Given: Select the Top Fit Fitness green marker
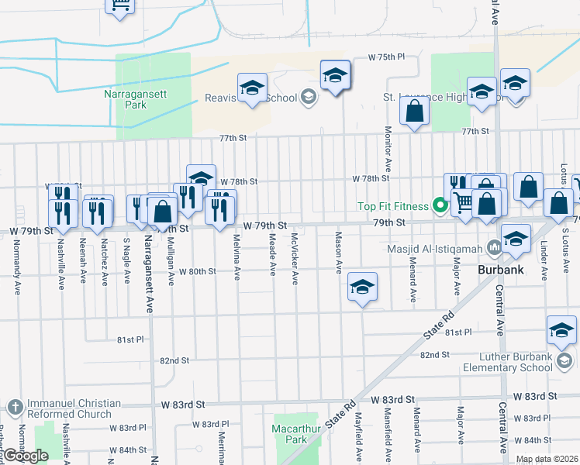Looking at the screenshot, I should pyautogui.click(x=440, y=206).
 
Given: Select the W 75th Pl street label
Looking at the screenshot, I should pyautogui.click(x=387, y=57).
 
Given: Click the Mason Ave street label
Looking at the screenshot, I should pyautogui.click(x=339, y=253).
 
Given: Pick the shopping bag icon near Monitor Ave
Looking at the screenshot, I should pyautogui.click(x=415, y=113).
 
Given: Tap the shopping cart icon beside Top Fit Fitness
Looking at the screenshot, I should pyautogui.click(x=463, y=203).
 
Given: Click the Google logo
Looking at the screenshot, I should pyautogui.click(x=26, y=456).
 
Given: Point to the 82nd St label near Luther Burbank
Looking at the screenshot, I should pyautogui.click(x=435, y=354).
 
